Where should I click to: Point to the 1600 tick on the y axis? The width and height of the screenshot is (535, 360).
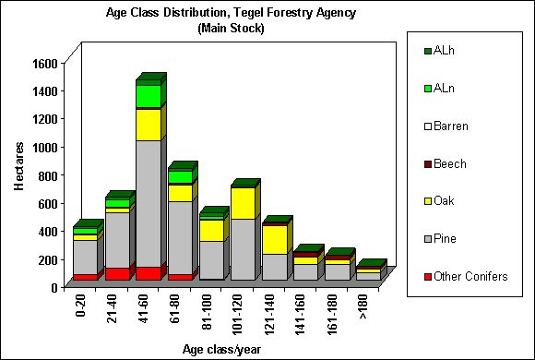(44, 63)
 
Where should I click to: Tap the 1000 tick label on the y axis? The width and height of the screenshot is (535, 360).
(44, 147)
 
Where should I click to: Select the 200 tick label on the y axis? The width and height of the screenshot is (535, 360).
(48, 259)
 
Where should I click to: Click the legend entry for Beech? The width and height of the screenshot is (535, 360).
(451, 164)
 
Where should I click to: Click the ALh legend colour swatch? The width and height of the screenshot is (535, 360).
(428, 51)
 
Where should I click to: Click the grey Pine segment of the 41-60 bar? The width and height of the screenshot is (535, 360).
(148, 203)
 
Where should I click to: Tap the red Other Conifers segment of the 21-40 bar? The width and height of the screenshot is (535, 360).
(116, 273)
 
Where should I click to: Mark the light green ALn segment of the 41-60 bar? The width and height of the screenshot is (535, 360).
(148, 96)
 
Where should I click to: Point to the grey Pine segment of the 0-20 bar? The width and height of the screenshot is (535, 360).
(85, 256)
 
